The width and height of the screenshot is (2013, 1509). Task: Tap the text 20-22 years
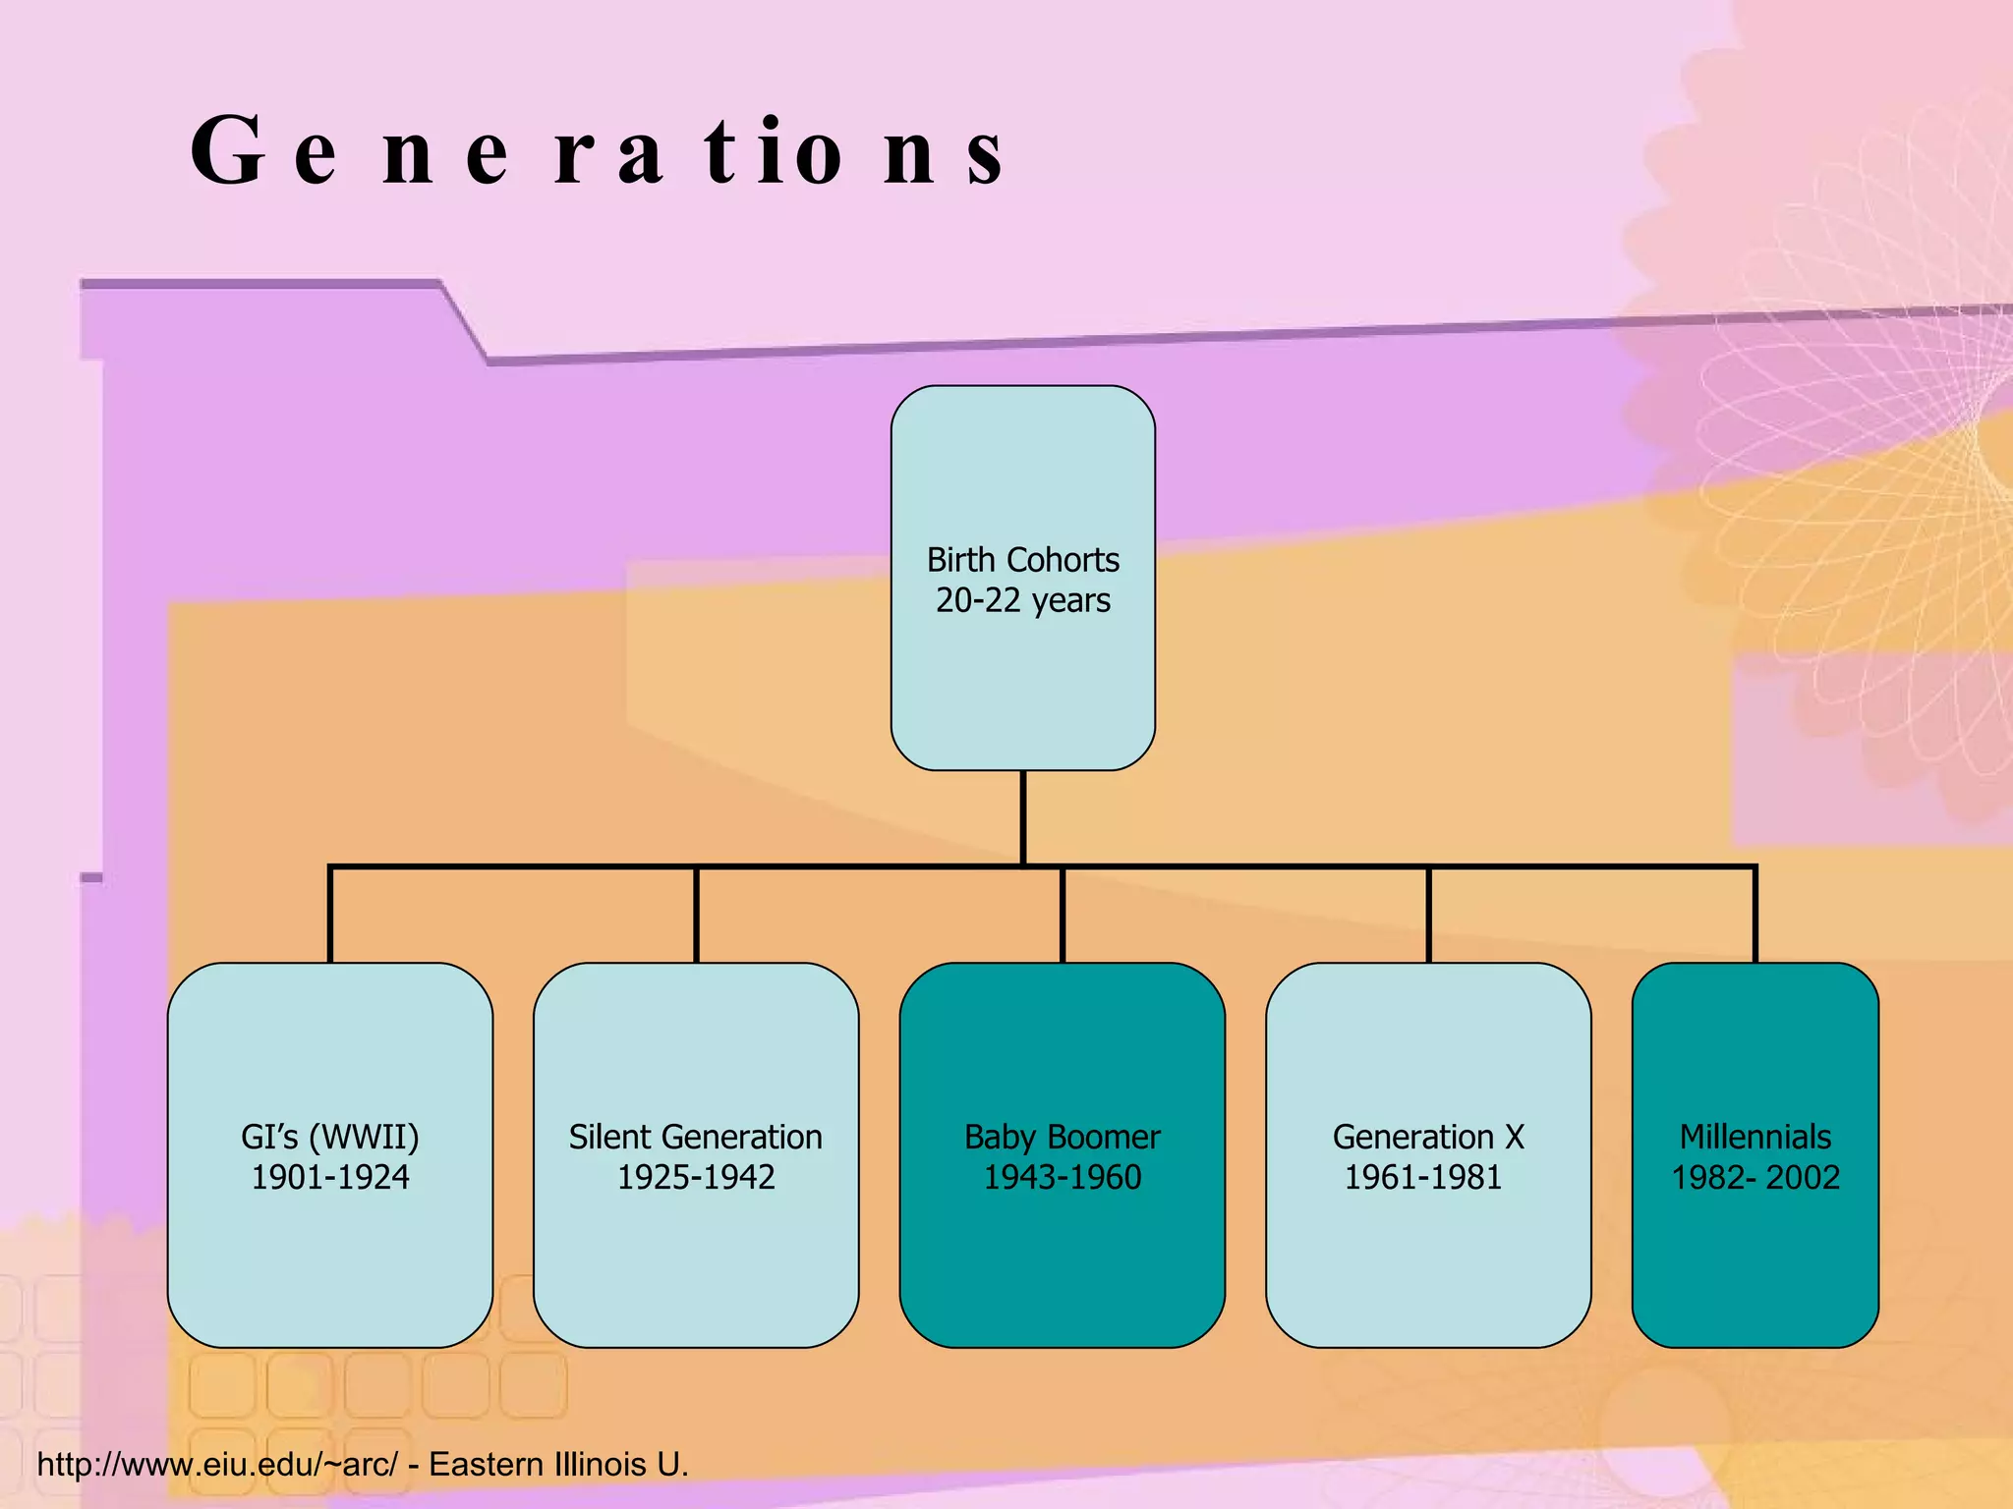click(1022, 600)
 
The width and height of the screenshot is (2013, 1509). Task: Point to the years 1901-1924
click(329, 1177)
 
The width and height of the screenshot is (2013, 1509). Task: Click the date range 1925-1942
click(695, 1177)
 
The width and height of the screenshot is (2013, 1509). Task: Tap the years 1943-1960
click(1062, 1177)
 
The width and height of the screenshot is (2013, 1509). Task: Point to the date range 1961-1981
click(1422, 1177)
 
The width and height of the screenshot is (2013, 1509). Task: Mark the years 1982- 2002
click(1754, 1177)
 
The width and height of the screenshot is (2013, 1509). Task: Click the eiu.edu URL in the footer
click(217, 1464)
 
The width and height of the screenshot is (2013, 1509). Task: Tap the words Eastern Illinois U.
click(558, 1464)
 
